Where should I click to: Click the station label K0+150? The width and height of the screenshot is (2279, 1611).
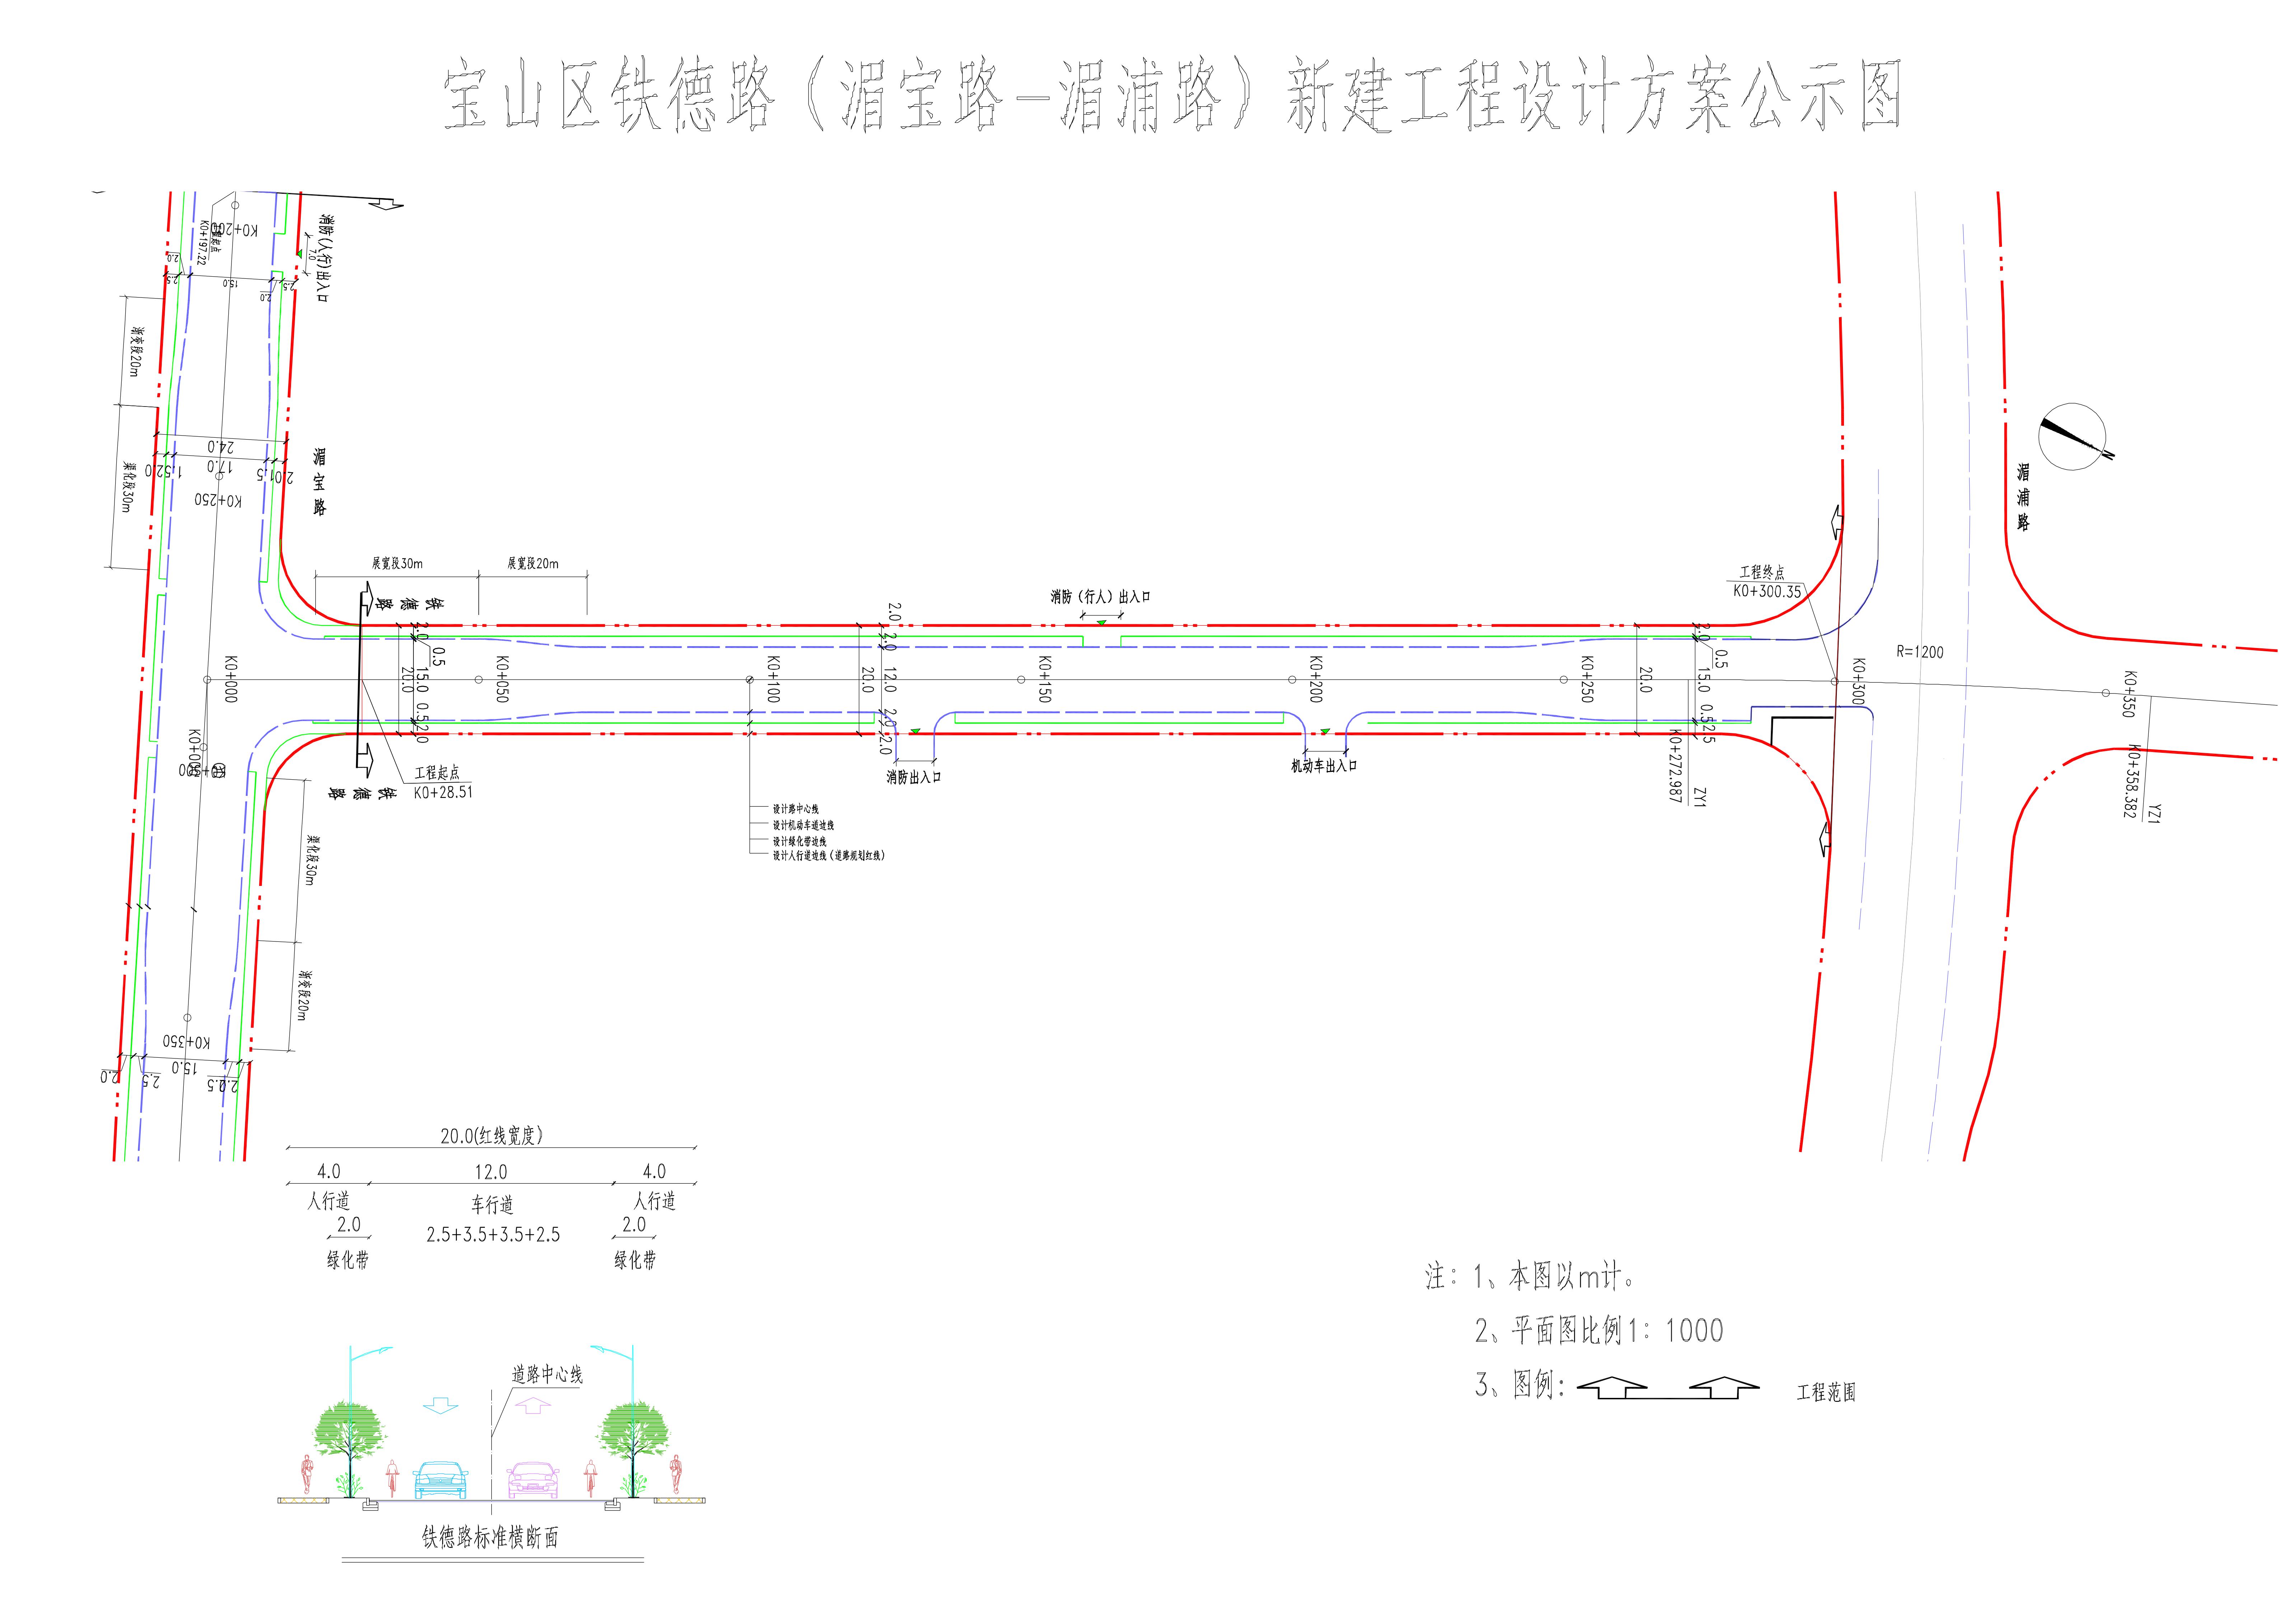(x=1044, y=679)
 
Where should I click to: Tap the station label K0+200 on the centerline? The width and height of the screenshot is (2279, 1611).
(x=1316, y=679)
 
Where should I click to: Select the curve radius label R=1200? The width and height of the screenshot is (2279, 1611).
(x=1920, y=652)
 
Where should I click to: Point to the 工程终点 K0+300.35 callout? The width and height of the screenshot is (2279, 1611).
(x=1767, y=583)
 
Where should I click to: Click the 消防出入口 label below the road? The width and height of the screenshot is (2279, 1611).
(x=913, y=777)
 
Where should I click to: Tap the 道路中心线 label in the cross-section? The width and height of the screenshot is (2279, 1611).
(x=547, y=1375)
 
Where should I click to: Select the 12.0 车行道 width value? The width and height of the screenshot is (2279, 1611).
(x=490, y=1172)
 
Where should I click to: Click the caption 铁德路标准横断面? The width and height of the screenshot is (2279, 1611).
(x=490, y=1537)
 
